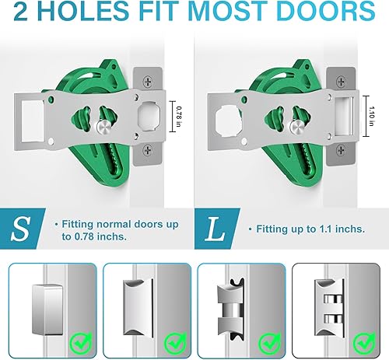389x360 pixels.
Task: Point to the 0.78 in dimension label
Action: pos(178,117)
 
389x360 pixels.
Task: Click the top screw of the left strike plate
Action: pos(147,80)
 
